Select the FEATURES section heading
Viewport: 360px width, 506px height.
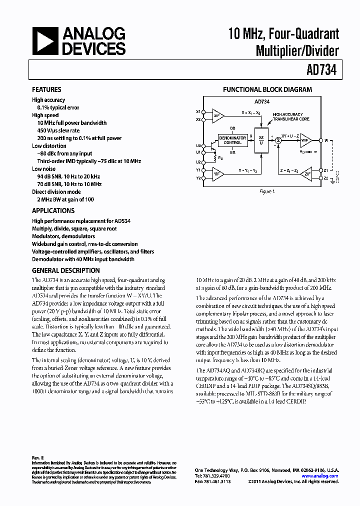click(x=46, y=90)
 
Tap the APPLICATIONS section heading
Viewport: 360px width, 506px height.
click(x=53, y=211)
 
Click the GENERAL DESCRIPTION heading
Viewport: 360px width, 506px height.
click(x=65, y=270)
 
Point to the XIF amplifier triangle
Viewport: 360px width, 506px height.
click(x=217, y=115)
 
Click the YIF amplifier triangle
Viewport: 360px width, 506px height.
click(x=217, y=174)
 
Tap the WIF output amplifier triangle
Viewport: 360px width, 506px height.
click(x=306, y=141)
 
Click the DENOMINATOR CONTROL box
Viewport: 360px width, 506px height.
click(x=232, y=140)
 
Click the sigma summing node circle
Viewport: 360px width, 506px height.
click(x=279, y=141)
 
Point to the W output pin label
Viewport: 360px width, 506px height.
click(x=326, y=140)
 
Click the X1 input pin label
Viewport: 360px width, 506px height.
click(x=198, y=111)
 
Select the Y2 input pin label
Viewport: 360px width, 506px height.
click(x=198, y=178)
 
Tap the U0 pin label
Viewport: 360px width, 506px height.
click(x=198, y=145)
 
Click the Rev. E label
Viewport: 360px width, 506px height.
click(x=38, y=457)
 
